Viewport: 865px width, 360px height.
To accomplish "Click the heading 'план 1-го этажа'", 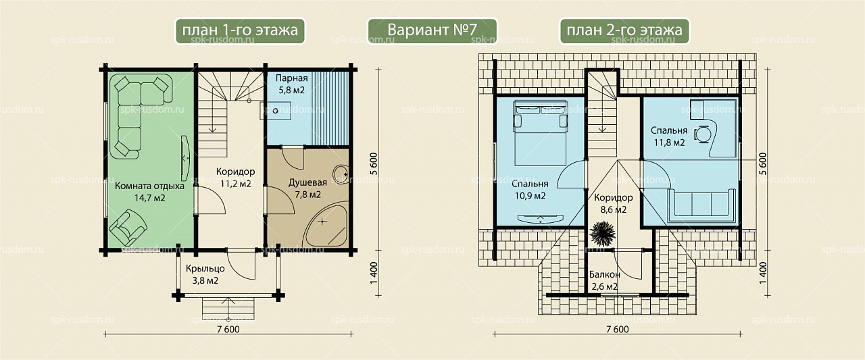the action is [240, 30].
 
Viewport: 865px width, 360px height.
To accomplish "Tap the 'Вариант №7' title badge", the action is [432, 30].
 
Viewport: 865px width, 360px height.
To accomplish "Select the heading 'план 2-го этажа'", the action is [624, 30].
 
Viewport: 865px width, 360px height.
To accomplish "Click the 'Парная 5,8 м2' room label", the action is [291, 84].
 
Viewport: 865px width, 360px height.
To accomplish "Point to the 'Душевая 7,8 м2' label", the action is [307, 188].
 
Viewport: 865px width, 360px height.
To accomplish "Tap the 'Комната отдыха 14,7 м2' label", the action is [150, 192].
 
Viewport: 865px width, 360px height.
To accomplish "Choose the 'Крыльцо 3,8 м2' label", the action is [205, 274].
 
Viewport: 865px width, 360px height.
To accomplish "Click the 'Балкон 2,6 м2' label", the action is [605, 280].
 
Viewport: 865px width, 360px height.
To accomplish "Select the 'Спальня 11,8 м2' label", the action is [669, 136].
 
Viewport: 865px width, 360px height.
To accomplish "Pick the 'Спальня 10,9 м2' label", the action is [530, 189].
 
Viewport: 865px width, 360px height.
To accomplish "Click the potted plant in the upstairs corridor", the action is [602, 233].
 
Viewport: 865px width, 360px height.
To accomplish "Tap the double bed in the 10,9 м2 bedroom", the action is [540, 133].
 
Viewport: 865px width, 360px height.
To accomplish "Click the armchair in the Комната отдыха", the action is [128, 227].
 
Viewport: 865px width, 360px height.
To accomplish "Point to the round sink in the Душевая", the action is [341, 175].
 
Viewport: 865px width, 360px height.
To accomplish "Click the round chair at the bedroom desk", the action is [703, 134].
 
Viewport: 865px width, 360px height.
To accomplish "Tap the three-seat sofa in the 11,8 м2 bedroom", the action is [701, 205].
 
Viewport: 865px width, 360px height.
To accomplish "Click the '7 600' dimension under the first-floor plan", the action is [228, 329].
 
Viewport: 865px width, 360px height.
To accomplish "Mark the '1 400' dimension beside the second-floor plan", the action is [762, 273].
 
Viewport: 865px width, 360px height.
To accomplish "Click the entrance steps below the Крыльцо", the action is [228, 309].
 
